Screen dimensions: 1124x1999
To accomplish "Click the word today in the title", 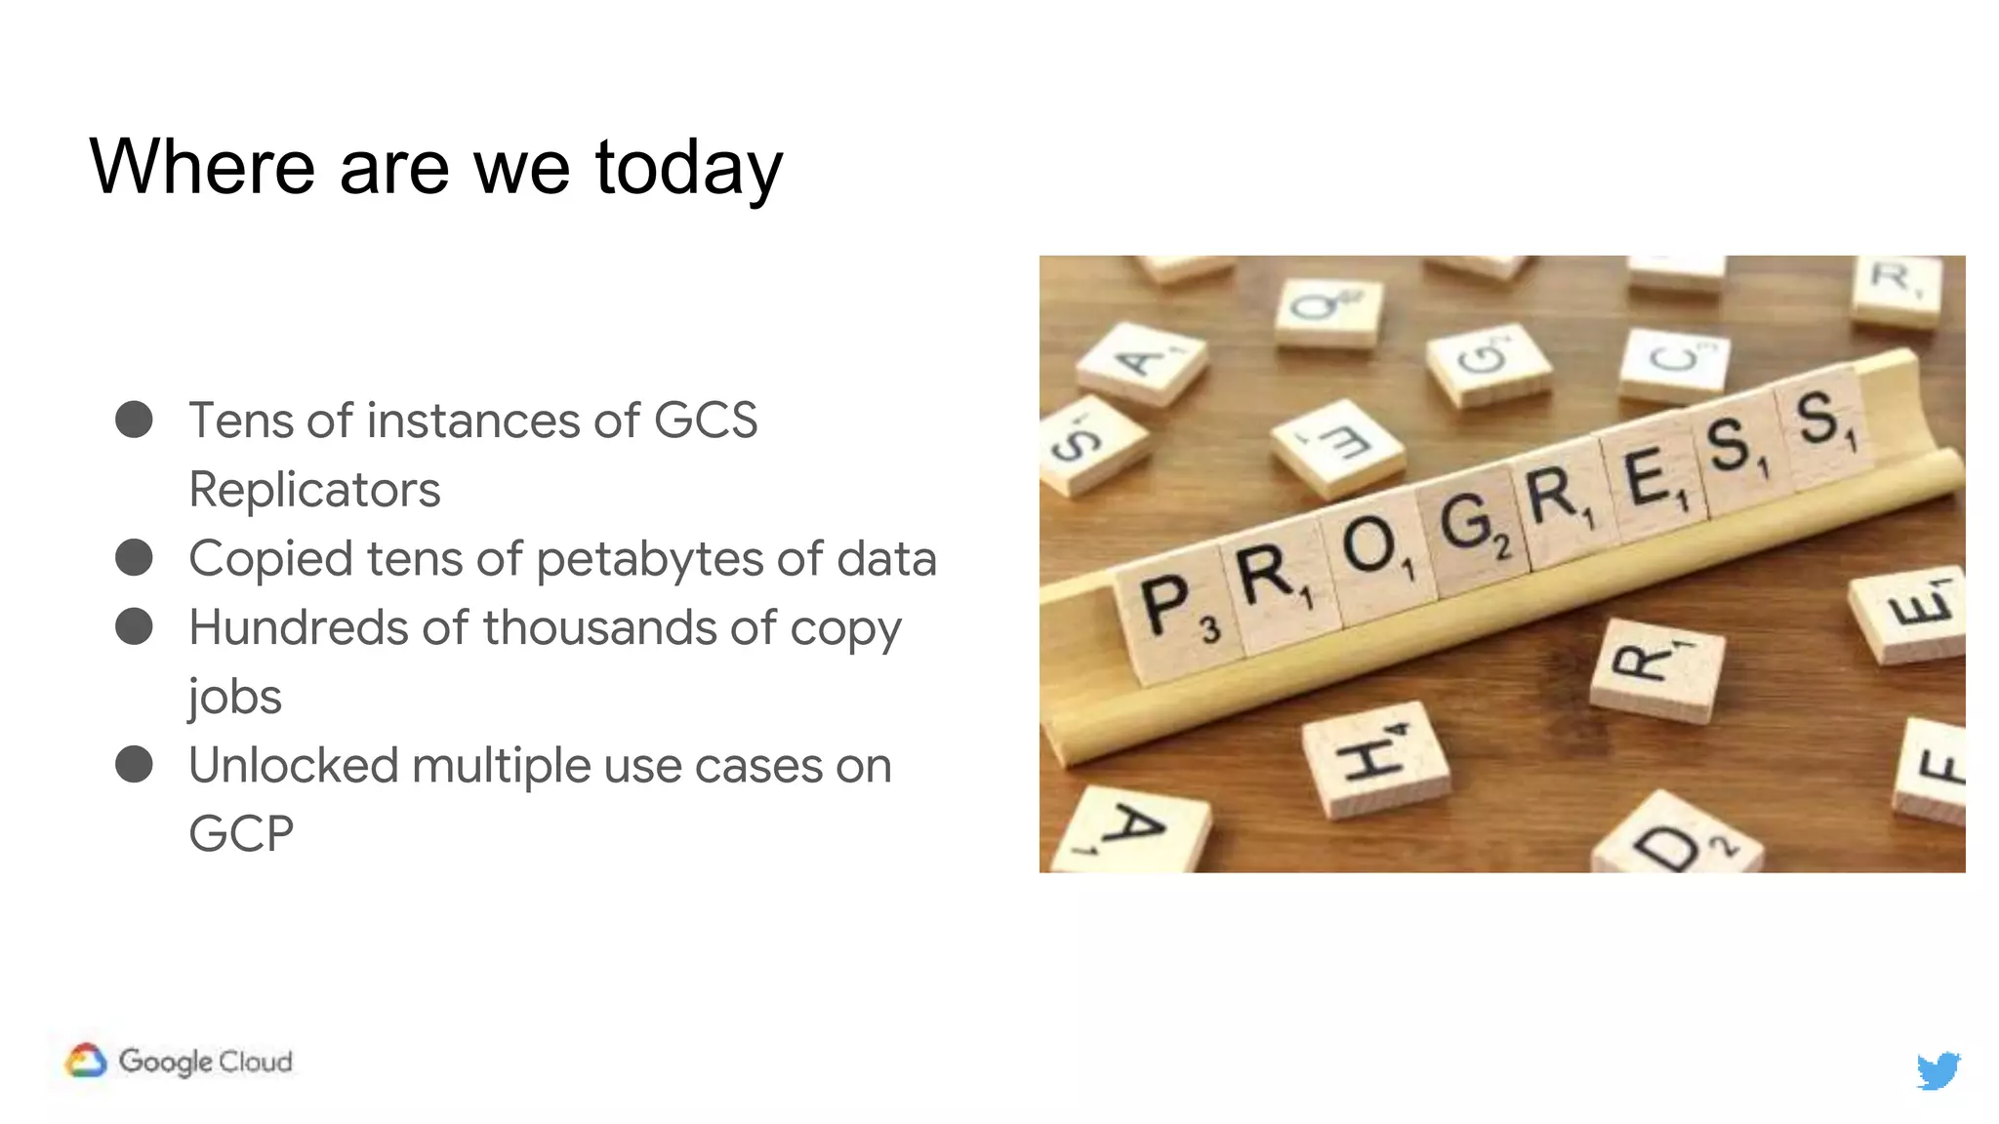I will tap(688, 168).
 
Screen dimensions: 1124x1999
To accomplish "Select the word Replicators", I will tap(314, 489).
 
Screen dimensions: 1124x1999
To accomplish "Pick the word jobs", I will tap(234, 697).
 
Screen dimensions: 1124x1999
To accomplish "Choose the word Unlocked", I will tap(293, 765).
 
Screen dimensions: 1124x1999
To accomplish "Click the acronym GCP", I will tap(241, 834).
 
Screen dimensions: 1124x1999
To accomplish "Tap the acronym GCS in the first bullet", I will tap(705, 421).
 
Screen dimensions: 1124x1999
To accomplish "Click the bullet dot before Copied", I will tap(134, 558).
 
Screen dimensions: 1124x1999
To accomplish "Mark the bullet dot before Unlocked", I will tap(134, 764).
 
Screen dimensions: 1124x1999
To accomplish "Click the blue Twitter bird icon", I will tap(1938, 1070).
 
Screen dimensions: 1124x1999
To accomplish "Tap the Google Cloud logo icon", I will tap(86, 1061).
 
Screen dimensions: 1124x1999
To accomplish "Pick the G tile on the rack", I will tap(1472, 525).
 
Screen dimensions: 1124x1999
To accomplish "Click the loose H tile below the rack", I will tap(1374, 759).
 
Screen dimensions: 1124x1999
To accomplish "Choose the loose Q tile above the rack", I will tap(1327, 310).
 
